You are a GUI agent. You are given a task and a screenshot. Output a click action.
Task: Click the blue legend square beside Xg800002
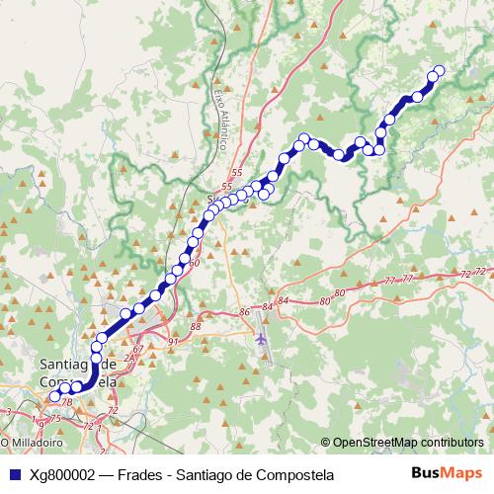point(13,475)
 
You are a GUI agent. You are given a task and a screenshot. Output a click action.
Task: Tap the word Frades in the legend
point(137,475)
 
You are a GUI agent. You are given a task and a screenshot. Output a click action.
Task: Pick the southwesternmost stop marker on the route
point(54,397)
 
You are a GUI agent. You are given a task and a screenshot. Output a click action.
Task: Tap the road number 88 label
point(196,326)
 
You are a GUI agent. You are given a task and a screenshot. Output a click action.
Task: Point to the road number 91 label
point(173,342)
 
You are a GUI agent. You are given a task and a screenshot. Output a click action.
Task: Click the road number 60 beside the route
point(194,263)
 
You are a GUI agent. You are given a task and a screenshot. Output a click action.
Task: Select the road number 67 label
point(138,349)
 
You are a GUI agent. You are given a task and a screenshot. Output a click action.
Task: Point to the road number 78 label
point(67,402)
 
